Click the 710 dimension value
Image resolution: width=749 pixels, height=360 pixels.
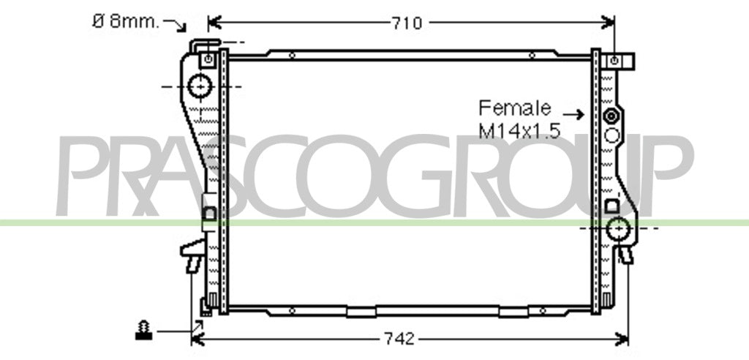[x=407, y=23]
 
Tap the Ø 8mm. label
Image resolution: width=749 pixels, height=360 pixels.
[x=126, y=21]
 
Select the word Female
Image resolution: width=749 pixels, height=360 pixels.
[x=514, y=108]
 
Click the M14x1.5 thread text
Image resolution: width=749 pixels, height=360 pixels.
[x=519, y=130]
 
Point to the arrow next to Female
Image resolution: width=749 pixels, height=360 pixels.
[x=573, y=114]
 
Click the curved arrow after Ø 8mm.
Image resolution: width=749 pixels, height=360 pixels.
[x=175, y=25]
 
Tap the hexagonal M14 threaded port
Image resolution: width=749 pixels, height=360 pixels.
[x=611, y=116]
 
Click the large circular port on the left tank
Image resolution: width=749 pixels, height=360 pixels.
[x=200, y=86]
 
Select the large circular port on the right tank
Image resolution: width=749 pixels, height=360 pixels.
[x=619, y=228]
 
